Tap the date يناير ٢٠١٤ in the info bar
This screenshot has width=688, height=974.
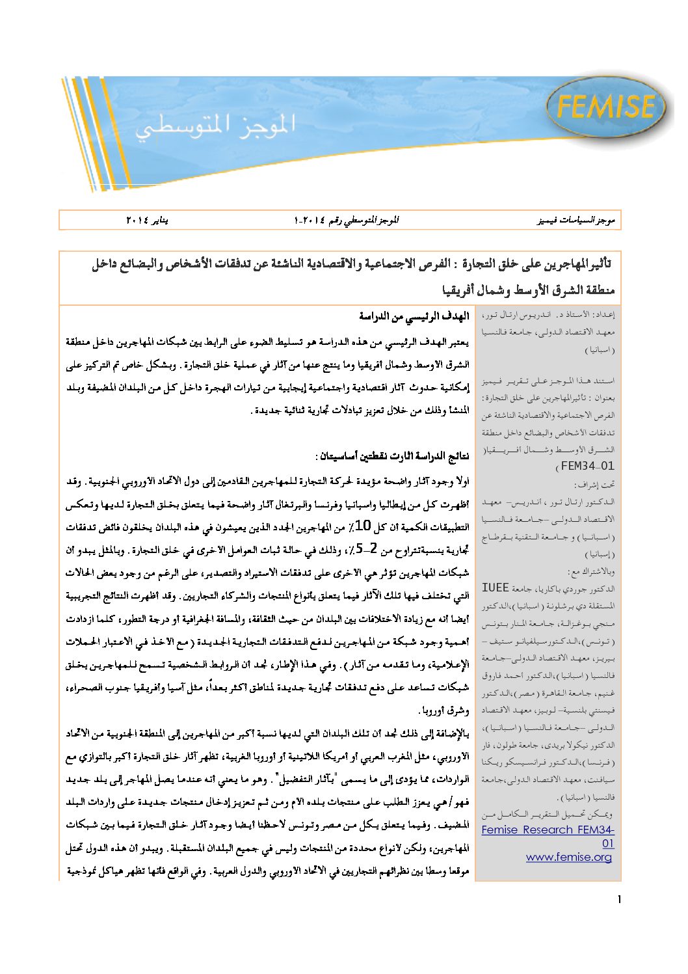(147, 220)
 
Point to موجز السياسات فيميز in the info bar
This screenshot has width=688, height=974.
(575, 220)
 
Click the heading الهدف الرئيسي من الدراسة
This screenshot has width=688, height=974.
(414, 316)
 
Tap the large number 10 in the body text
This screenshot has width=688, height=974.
(363, 526)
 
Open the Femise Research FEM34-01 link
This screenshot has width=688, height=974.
(548, 836)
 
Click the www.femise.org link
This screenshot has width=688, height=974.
(569, 857)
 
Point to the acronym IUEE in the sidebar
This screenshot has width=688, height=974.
(495, 588)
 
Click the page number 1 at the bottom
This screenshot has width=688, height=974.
(618, 900)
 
